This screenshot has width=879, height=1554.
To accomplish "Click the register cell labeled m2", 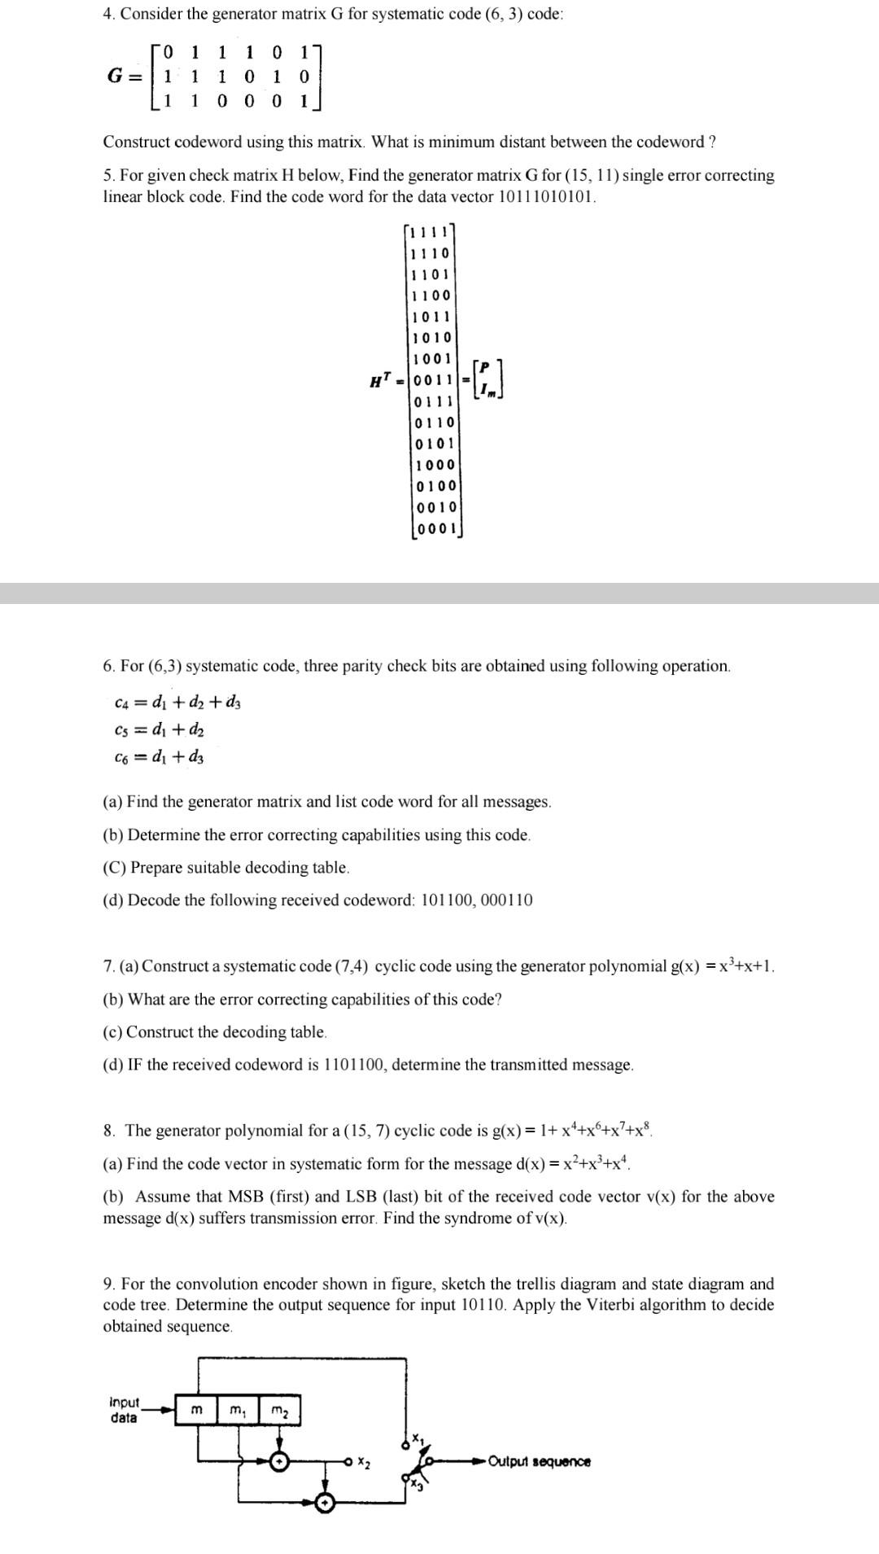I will (x=279, y=1411).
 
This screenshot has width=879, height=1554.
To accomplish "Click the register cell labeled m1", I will (x=238, y=1411).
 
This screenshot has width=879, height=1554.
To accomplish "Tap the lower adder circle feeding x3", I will (x=325, y=1503).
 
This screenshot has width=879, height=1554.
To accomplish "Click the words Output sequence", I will (x=540, y=1461).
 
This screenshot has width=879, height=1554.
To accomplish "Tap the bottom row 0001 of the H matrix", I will (x=435, y=528).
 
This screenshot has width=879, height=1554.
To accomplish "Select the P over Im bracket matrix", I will (x=488, y=379).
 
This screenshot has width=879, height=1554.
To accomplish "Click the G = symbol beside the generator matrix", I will (x=126, y=77).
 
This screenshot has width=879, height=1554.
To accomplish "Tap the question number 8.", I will (x=109, y=1131).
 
